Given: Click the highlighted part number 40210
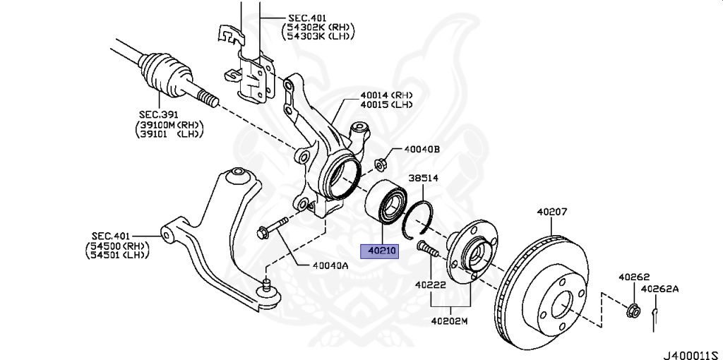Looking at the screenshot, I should coord(380,251).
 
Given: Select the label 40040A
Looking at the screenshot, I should coord(330,266).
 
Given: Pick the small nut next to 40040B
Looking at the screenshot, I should coord(380,163).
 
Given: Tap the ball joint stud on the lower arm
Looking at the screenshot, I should coord(267,288).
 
